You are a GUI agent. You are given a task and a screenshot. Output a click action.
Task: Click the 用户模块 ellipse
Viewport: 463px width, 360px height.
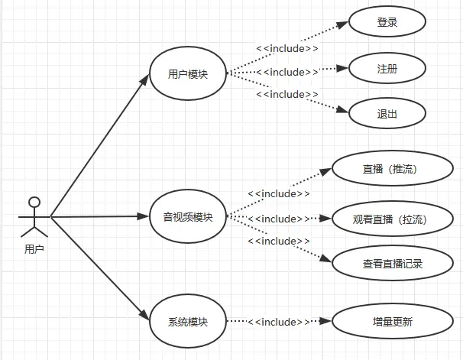188,74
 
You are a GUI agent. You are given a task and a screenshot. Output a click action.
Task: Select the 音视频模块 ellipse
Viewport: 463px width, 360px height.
188,217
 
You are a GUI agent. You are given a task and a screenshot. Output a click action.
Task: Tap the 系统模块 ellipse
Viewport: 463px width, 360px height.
188,322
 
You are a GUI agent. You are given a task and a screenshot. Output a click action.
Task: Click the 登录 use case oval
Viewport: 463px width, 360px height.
387,23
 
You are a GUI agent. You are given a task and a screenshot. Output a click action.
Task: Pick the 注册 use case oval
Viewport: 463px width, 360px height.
387,69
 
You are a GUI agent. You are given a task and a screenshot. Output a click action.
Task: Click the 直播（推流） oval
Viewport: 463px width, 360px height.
389,169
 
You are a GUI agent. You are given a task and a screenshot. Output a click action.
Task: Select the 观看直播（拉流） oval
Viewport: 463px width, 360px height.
389,219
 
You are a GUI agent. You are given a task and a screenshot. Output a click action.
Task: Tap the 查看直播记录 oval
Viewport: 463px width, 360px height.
389,264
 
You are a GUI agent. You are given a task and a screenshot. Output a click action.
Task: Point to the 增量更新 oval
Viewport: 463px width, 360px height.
389,322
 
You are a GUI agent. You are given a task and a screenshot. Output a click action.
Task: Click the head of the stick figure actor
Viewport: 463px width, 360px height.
33,203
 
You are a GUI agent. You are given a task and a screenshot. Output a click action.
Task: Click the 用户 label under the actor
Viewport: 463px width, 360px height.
34,248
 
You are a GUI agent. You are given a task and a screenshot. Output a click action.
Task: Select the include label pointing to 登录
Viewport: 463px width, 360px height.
287,49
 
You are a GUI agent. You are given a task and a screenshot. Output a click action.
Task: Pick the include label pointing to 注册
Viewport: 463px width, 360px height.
287,72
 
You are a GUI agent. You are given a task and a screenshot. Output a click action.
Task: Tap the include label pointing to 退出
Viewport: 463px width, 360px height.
287,94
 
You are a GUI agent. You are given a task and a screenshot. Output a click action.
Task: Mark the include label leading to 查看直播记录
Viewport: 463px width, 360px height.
279,241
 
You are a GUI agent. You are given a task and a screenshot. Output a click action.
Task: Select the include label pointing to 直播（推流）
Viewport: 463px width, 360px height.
279,193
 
